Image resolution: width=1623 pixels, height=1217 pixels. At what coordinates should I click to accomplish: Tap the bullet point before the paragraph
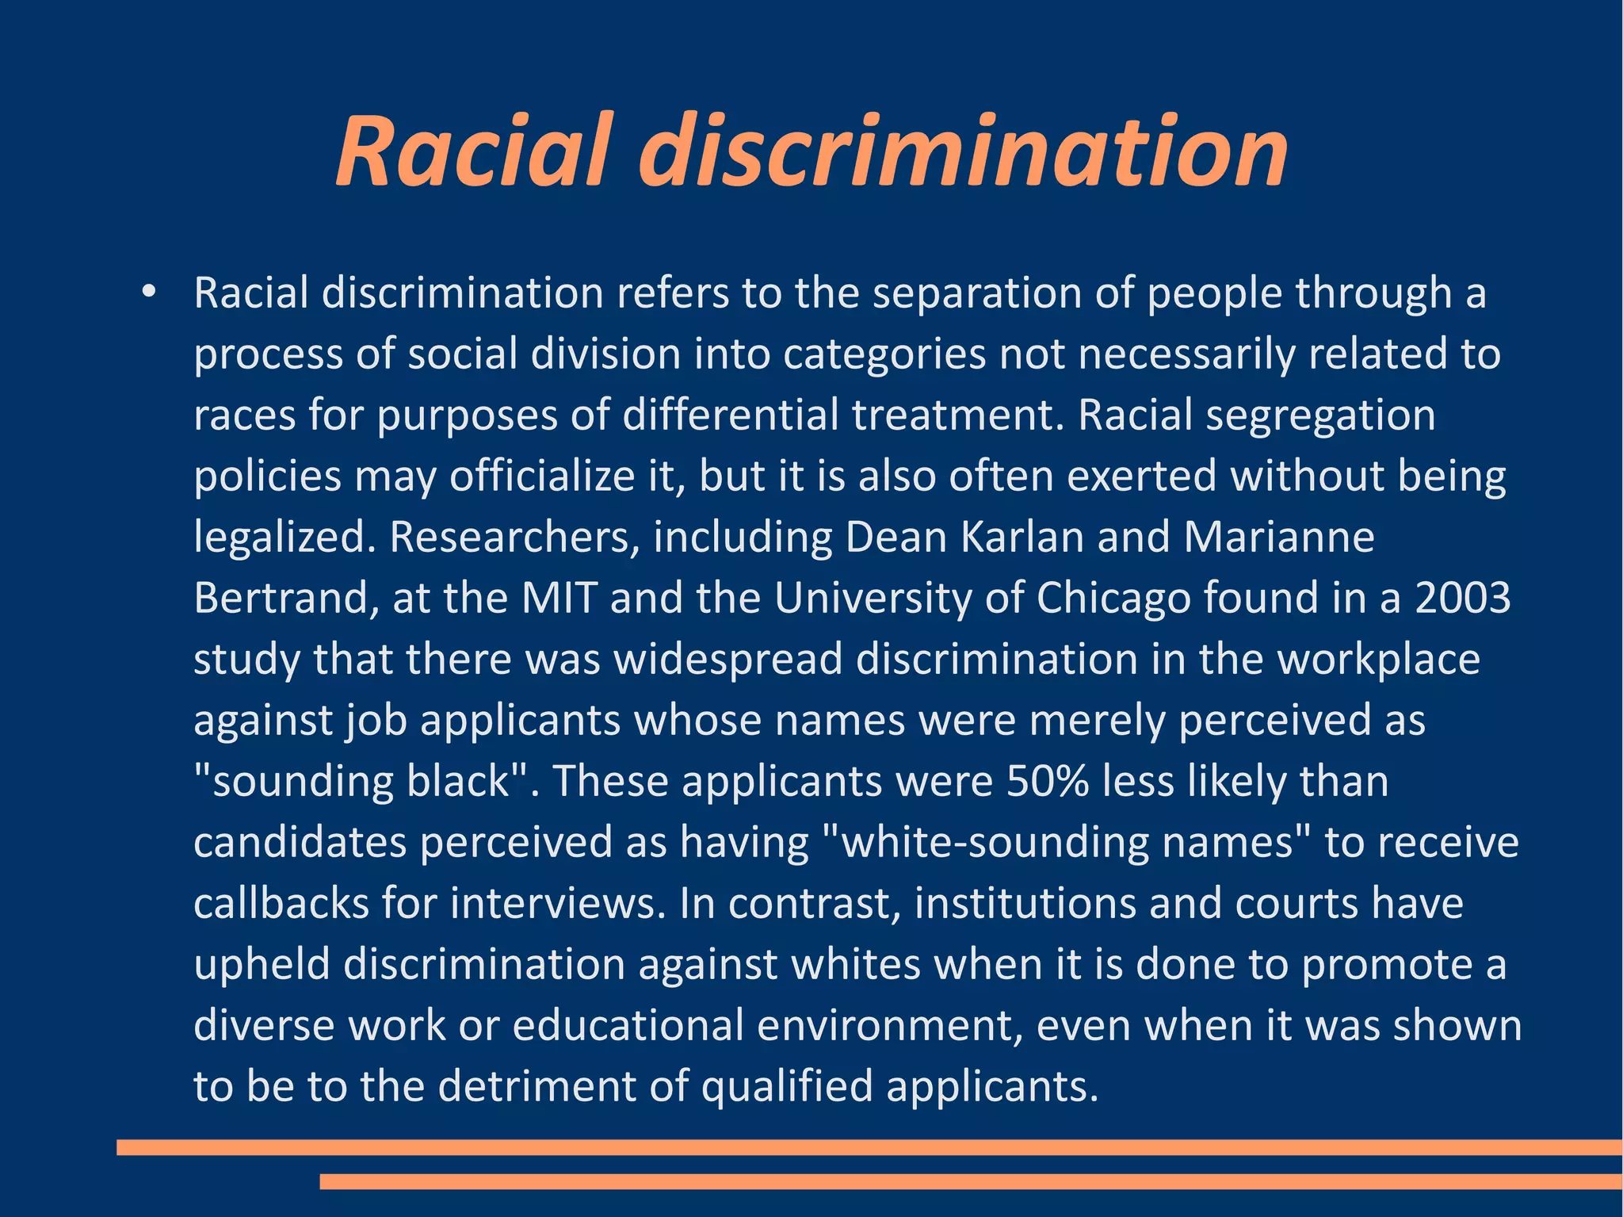148,293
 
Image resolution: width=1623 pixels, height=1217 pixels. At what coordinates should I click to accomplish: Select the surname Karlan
1022,537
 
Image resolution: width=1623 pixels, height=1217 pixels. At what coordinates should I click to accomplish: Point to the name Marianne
1278,537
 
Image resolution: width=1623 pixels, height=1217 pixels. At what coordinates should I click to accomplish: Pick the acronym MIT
559,598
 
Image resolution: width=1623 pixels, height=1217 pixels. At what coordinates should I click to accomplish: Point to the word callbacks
281,903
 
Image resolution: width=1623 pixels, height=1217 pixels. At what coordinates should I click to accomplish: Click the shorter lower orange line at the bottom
971,1181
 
